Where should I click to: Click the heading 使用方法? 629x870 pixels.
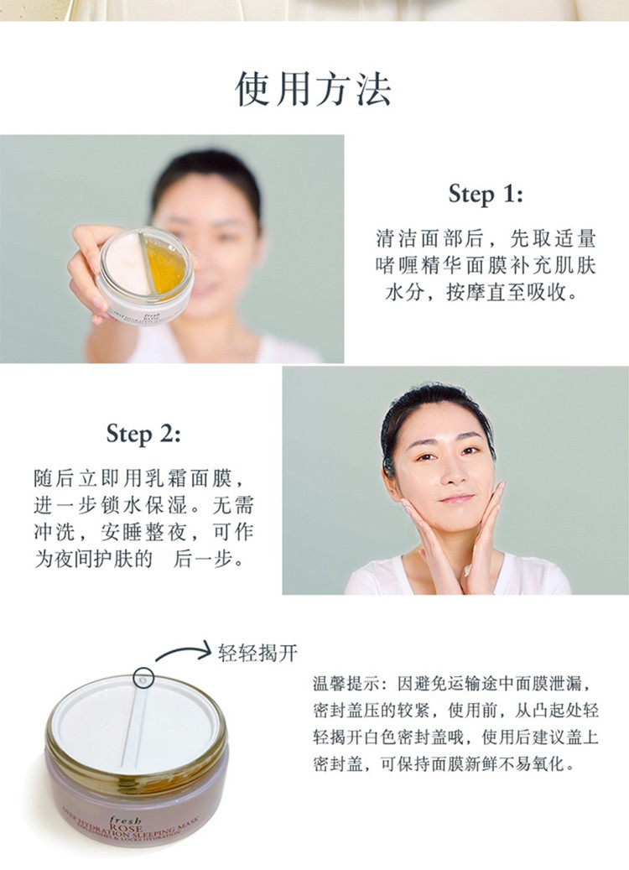pos(314,89)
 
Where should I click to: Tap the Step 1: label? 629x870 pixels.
pos(486,194)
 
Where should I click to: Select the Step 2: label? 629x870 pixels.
pos(143,434)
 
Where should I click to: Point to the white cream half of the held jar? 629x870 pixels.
pos(127,264)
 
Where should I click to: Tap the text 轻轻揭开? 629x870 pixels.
pos(257,653)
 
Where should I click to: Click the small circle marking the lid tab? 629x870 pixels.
pos(143,678)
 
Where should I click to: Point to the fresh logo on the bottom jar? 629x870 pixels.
pos(125,819)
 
